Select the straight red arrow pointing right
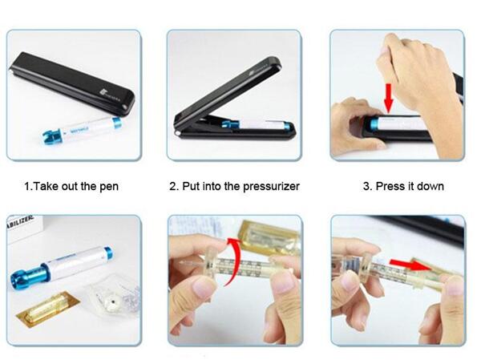click(x=406, y=265)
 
